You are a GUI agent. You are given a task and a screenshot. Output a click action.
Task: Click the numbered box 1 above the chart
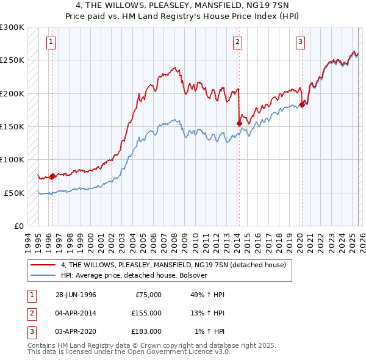[50, 42]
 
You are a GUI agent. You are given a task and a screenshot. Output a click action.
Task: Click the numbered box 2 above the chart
[237, 42]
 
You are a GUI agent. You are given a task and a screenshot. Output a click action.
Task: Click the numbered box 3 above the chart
[301, 42]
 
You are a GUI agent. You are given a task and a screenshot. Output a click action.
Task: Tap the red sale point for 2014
[239, 123]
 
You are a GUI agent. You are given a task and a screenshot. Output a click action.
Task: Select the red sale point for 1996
[52, 176]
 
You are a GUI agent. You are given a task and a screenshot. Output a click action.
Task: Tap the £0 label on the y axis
[18, 226]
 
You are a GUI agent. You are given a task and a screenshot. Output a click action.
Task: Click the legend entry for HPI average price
[134, 275]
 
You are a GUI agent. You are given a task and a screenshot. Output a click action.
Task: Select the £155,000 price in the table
[146, 313]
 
